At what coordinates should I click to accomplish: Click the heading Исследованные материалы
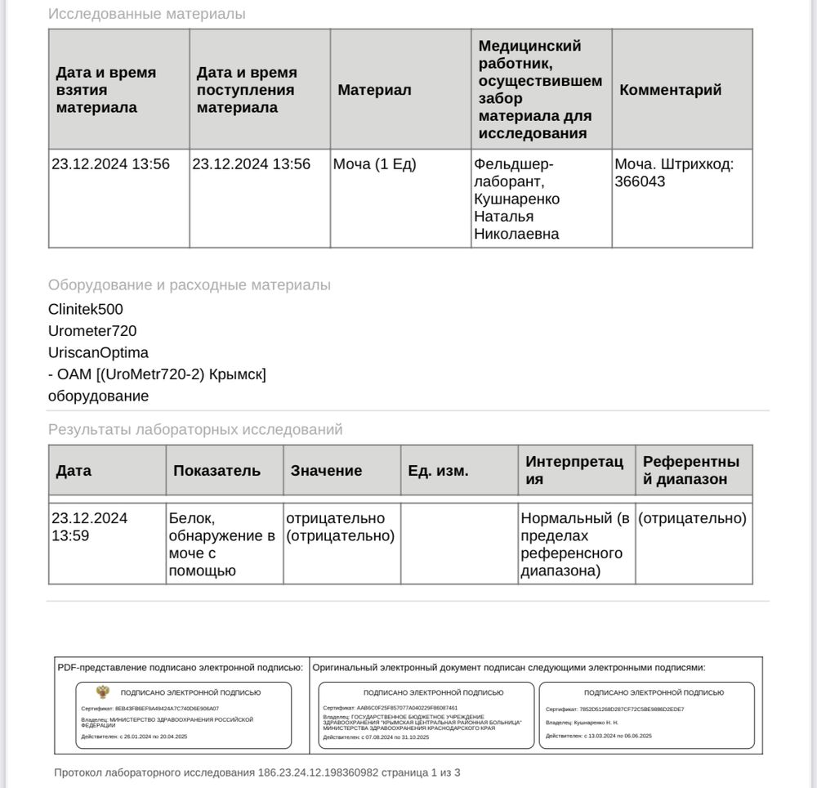click(x=146, y=14)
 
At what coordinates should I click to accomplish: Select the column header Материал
click(x=374, y=90)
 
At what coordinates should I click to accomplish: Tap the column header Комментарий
click(x=670, y=90)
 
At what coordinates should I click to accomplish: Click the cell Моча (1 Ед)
click(x=374, y=164)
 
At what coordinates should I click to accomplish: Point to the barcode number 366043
click(x=640, y=181)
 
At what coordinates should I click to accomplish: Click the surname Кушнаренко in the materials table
click(x=516, y=199)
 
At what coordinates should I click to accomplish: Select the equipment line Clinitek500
click(x=86, y=310)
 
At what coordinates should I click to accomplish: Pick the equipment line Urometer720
click(x=92, y=331)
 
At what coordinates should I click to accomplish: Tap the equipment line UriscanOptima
click(x=98, y=353)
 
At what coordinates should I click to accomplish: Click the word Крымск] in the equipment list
click(x=238, y=374)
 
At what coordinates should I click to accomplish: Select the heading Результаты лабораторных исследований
click(x=195, y=429)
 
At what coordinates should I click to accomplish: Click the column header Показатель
click(x=217, y=471)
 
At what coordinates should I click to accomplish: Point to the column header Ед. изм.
click(x=438, y=471)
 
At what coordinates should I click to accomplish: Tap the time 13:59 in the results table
click(x=70, y=536)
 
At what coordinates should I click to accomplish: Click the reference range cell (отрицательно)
click(x=692, y=518)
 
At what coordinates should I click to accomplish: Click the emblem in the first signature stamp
click(x=103, y=692)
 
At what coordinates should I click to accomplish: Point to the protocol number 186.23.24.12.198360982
click(x=329, y=772)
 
